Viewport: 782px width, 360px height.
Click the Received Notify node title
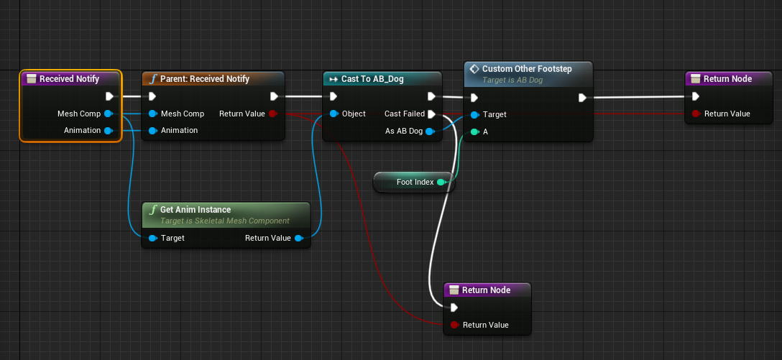pos(69,79)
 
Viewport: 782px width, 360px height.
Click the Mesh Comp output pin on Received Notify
pos(108,114)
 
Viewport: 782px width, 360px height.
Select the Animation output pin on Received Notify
pos(108,131)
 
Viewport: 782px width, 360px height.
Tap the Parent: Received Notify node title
pos(204,79)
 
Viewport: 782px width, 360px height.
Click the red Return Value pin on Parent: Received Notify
pos(273,114)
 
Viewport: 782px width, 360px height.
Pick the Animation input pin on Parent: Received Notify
pos(153,131)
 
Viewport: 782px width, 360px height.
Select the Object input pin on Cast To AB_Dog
pos(334,114)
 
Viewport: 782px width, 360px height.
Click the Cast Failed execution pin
pos(431,114)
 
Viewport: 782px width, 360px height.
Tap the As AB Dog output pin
pos(430,131)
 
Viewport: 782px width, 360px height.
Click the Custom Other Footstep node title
pos(527,68)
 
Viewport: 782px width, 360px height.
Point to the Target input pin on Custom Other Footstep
pos(474,115)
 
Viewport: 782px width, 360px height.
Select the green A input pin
pos(474,132)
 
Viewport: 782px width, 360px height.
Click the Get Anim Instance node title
pos(195,210)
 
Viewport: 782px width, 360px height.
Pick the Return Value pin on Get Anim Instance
pos(299,238)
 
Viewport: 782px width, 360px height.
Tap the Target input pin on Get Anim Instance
pos(153,238)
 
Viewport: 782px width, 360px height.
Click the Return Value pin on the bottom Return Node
pos(454,325)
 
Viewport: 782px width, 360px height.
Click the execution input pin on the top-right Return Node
pos(695,96)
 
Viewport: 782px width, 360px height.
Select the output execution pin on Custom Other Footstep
pos(582,98)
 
